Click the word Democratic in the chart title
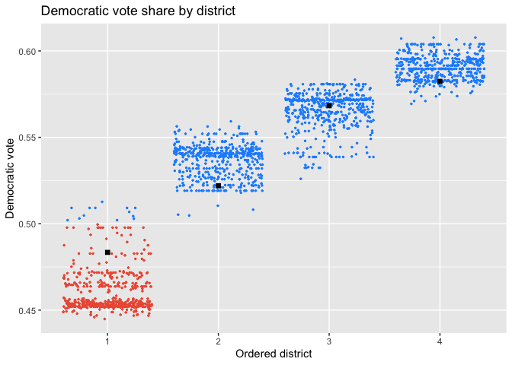(73, 11)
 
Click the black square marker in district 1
(107, 252)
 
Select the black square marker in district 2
(218, 186)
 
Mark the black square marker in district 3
(329, 105)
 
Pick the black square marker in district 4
(440, 81)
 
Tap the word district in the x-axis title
(295, 354)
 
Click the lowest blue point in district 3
(300, 179)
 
